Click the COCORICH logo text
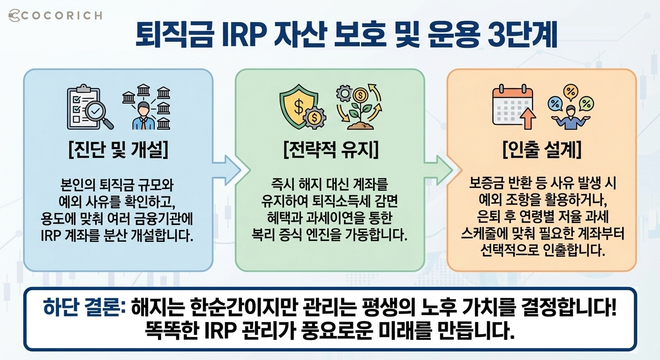55,15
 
